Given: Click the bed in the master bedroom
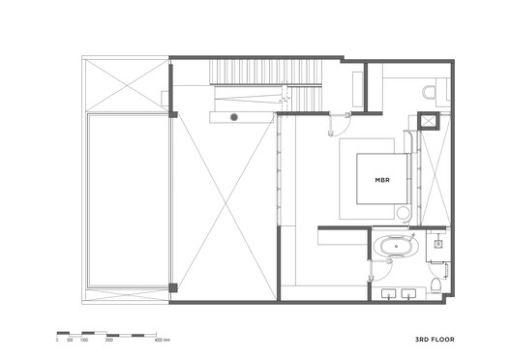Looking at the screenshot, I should [x=382, y=179].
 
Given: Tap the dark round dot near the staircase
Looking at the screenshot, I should [x=233, y=118].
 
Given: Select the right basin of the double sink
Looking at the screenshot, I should [x=409, y=291].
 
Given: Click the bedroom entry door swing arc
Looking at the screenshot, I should [x=338, y=123].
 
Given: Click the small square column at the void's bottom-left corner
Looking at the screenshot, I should [x=173, y=286].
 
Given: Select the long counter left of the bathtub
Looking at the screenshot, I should [x=343, y=231].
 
